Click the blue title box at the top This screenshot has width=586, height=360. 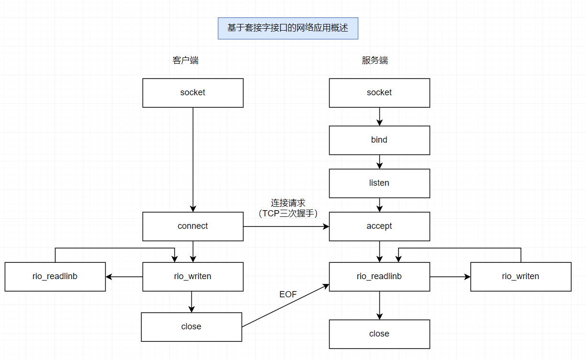click(x=287, y=28)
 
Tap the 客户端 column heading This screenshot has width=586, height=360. click(x=185, y=60)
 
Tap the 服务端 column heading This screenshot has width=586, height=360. click(x=375, y=60)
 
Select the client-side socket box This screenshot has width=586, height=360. click(x=193, y=93)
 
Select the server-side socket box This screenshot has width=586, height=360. click(x=379, y=93)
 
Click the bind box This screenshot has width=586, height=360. click(x=379, y=140)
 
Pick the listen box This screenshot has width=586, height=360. click(x=379, y=183)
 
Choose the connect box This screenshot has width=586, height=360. click(x=193, y=226)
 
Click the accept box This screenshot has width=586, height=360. click(x=379, y=226)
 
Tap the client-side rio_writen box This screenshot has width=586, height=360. click(x=193, y=276)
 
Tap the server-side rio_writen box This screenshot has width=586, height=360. click(x=520, y=276)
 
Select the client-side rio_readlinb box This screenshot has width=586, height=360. click(x=55, y=276)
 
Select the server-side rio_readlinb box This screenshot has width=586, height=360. click(x=379, y=276)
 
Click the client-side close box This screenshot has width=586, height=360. click(x=191, y=327)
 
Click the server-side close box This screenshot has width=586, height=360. click(x=379, y=334)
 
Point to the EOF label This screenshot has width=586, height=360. click(x=288, y=294)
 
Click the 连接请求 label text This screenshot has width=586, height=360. click(x=288, y=203)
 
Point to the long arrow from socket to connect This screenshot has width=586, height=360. click(x=193, y=158)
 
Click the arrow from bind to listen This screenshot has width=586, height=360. click(x=379, y=162)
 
